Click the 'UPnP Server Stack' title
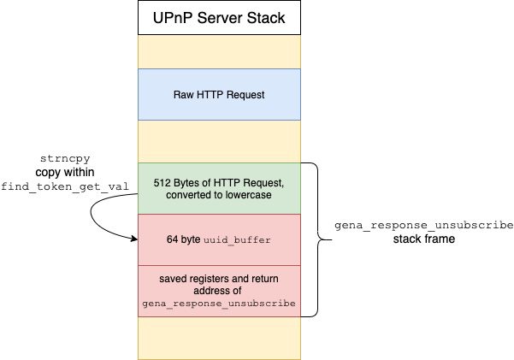(x=219, y=18)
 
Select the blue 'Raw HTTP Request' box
(x=219, y=94)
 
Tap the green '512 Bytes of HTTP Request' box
(x=219, y=188)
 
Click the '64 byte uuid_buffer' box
(x=219, y=239)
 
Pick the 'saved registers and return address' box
(x=219, y=291)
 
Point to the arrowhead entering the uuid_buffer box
(x=134, y=239)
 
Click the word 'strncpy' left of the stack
(x=65, y=159)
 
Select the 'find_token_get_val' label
(x=65, y=186)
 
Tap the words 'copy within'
(x=65, y=172)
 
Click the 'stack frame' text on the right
(x=424, y=239)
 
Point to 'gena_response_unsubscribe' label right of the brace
(x=424, y=225)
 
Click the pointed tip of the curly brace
(x=331, y=239)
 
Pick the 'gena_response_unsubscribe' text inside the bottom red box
(x=219, y=304)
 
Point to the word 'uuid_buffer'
(x=237, y=240)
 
